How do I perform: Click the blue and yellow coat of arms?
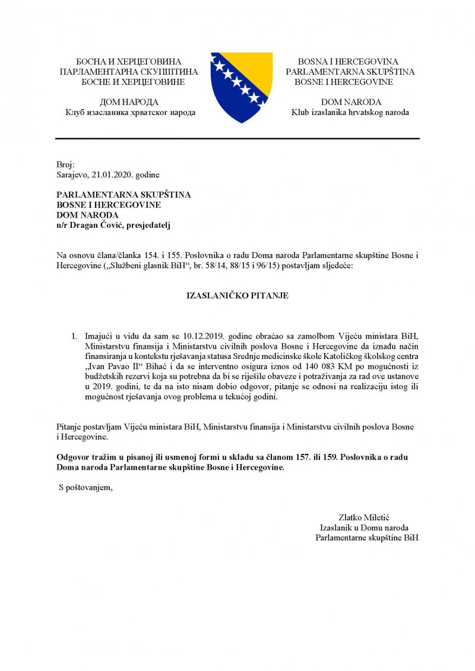pos(241,87)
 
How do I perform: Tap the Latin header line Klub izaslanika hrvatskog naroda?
pos(350,112)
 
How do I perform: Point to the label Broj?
pos(64,164)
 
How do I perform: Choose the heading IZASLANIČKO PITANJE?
pos(237,295)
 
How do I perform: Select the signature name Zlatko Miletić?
pos(363,517)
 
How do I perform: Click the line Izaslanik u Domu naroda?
pos(363,527)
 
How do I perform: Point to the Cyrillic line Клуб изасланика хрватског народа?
pos(131,112)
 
